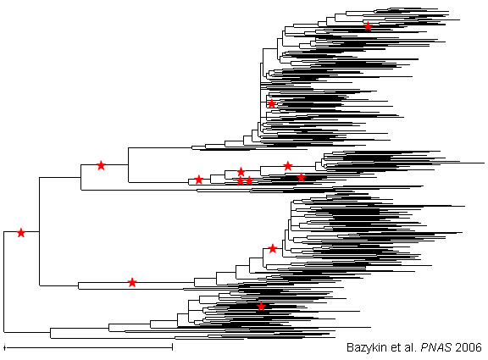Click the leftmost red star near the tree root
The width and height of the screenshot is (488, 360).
click(21, 232)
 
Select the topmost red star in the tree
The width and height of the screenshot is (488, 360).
click(368, 26)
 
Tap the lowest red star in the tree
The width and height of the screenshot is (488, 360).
click(261, 307)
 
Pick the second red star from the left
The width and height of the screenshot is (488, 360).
click(101, 165)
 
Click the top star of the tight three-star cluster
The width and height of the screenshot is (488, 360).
click(241, 171)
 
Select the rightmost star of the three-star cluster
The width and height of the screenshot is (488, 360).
click(249, 180)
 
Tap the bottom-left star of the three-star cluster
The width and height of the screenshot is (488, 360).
click(240, 180)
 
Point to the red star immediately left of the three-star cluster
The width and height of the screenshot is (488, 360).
click(198, 180)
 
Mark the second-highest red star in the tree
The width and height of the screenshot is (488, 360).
click(272, 103)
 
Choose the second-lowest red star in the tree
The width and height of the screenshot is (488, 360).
click(132, 283)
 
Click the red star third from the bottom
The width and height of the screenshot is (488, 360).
click(273, 248)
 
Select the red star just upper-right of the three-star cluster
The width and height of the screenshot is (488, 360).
click(288, 166)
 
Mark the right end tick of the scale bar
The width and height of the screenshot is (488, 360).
click(172, 347)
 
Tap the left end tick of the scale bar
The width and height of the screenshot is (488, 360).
click(4, 347)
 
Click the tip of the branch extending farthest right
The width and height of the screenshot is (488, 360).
click(485, 163)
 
